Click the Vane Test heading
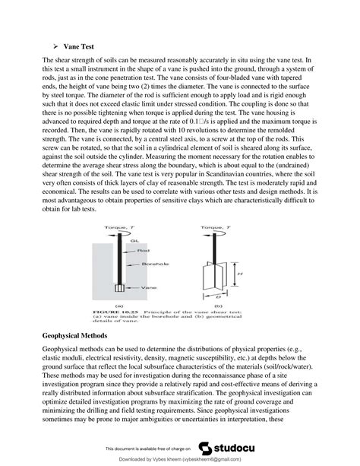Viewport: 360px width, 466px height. (79, 46)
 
